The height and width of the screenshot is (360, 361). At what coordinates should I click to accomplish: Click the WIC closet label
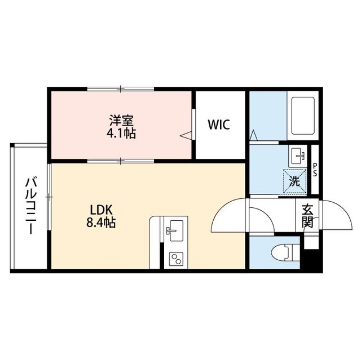(x=219, y=125)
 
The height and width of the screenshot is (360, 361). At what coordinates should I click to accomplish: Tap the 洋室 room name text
(x=121, y=121)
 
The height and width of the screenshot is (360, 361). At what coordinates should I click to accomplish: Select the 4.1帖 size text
(x=121, y=133)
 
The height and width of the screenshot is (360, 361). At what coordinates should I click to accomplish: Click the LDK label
(x=101, y=210)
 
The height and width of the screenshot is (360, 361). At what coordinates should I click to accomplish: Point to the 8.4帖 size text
(x=101, y=223)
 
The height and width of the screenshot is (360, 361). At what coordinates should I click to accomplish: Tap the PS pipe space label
(x=315, y=170)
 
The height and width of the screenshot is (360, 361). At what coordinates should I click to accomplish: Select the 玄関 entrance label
(x=307, y=216)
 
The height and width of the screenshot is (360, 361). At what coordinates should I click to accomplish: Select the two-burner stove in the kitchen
(x=176, y=259)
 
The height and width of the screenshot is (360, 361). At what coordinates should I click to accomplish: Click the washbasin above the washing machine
(x=298, y=155)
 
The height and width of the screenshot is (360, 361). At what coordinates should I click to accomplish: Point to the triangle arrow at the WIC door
(x=186, y=136)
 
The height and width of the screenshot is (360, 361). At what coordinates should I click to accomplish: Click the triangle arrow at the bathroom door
(x=253, y=135)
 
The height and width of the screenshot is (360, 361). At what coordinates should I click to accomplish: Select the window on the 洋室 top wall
(x=121, y=89)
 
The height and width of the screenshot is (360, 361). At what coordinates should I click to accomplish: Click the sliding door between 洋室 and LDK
(x=121, y=161)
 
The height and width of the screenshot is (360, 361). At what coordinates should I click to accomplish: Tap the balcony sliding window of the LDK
(x=49, y=197)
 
